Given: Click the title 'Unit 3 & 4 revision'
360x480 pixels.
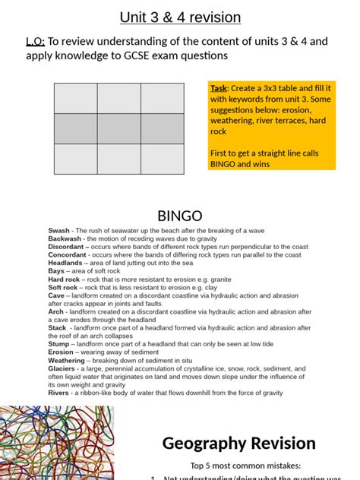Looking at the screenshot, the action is [180, 17].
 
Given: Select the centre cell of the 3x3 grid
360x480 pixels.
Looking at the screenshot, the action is [118, 128].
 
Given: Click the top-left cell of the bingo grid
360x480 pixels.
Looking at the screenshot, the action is [75, 99].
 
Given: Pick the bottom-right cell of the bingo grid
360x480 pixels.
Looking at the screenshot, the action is [162, 159].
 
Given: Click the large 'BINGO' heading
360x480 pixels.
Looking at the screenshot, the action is [180, 216].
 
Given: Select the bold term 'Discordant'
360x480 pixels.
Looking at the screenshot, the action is [67, 247].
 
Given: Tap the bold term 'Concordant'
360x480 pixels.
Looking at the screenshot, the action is [68, 255].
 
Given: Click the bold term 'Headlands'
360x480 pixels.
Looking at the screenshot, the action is [66, 263].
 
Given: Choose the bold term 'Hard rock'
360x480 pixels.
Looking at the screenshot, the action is [64, 279].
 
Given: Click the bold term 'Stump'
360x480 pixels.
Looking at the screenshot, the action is [59, 344].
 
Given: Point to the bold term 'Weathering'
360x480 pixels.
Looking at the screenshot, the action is [67, 360].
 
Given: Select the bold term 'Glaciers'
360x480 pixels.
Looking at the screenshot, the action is [63, 368].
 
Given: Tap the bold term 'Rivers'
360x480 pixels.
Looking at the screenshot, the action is [59, 393].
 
